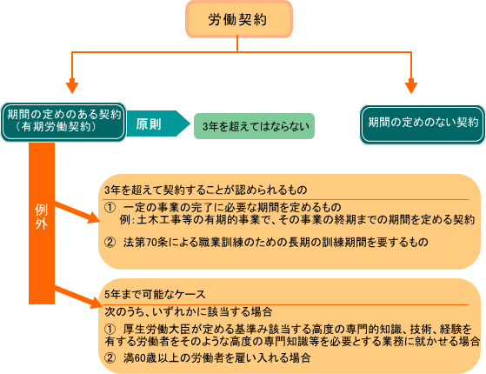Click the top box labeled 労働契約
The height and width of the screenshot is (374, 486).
coord(239,19)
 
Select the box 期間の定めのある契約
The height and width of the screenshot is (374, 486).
coord(63,122)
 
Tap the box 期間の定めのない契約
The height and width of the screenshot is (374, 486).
coord(423,124)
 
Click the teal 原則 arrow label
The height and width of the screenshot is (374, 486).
coord(158,124)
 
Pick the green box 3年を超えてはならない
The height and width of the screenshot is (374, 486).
coord(254,126)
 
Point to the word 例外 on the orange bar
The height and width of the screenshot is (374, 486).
coord(41,217)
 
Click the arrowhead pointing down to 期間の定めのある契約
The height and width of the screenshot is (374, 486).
coord(72,88)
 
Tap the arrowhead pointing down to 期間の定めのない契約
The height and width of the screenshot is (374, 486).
coord(411,88)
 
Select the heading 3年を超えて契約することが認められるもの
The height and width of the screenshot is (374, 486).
coord(206,190)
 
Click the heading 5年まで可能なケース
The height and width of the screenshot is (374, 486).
coord(155,294)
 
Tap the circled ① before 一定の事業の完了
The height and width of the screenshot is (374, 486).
coord(110,207)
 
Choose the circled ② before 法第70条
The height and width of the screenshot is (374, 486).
coord(110,242)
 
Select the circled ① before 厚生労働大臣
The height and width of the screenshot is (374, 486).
coord(110,329)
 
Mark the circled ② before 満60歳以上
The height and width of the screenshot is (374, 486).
coord(110,358)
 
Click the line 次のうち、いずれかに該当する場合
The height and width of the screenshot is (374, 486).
coord(189,311)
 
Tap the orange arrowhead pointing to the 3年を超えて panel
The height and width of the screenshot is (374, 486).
coord(94,217)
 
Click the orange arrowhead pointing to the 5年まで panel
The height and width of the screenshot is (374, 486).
coord(96,303)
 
